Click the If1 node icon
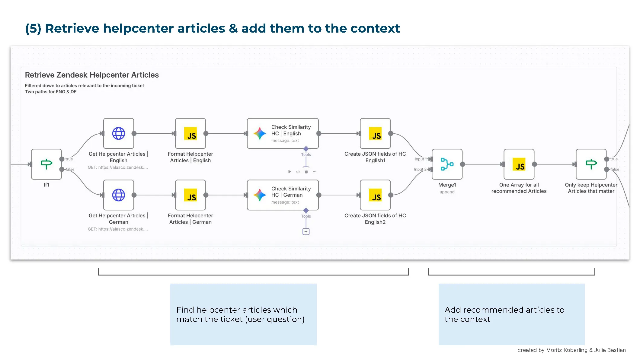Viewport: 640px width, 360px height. (x=46, y=164)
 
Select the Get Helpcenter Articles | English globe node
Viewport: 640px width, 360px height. (x=118, y=133)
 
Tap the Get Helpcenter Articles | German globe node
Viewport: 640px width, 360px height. (x=118, y=195)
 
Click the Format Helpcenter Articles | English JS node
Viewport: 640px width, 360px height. (x=190, y=133)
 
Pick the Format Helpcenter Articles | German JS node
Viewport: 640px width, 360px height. (x=190, y=195)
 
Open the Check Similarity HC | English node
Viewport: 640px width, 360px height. (x=283, y=133)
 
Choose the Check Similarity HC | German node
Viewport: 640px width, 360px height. (x=283, y=195)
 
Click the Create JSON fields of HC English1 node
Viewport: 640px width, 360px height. (x=375, y=133)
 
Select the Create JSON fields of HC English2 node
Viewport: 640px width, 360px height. (x=375, y=195)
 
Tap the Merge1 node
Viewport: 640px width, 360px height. (x=447, y=164)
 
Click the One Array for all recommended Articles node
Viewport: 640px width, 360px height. (x=519, y=164)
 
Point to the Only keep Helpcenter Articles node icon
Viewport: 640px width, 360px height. (x=591, y=164)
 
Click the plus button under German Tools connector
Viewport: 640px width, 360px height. (x=306, y=232)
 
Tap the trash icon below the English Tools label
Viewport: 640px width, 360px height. (x=306, y=172)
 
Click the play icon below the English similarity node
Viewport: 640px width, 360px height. (x=290, y=172)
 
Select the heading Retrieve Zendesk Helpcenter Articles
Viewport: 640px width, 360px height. (x=92, y=75)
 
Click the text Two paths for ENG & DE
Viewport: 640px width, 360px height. (x=51, y=92)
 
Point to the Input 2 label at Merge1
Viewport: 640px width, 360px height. (x=420, y=169)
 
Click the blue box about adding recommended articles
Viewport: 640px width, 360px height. (x=511, y=314)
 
